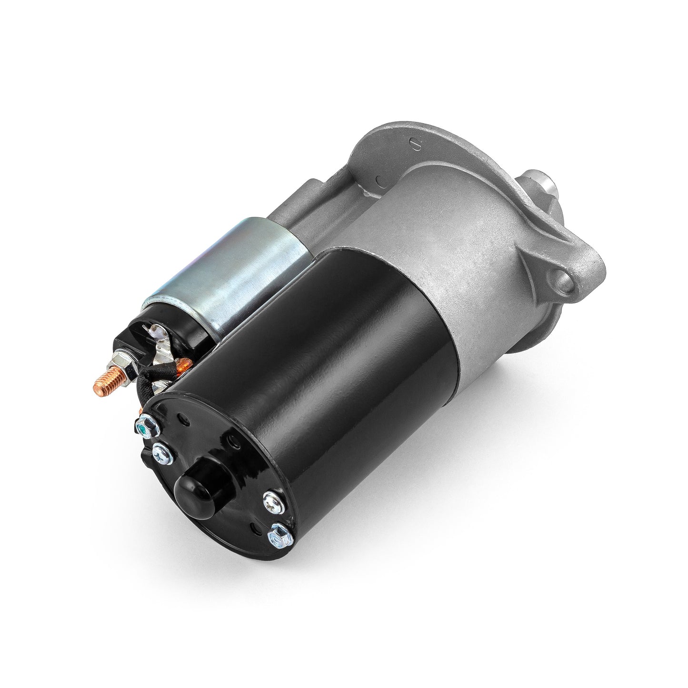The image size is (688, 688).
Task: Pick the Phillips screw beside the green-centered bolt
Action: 160,449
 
